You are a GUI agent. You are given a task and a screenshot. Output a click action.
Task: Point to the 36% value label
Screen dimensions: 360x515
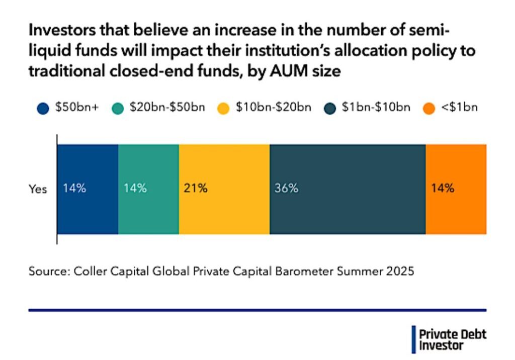(286, 189)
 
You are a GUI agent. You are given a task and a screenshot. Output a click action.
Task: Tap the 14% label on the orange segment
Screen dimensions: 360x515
(443, 189)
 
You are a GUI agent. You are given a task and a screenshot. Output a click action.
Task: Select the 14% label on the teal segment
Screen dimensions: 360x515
(135, 189)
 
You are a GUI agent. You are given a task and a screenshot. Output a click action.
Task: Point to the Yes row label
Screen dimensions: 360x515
(38, 190)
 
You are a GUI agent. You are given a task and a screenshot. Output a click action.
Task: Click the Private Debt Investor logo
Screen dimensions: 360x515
(449, 339)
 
